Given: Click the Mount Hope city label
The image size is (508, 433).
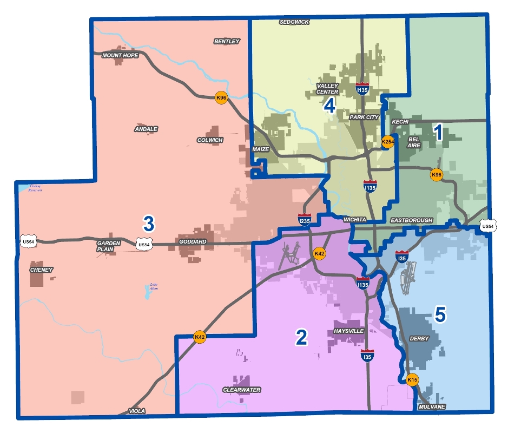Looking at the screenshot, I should coord(120,55).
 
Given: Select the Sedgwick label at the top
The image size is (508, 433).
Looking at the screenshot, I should coord(294,22).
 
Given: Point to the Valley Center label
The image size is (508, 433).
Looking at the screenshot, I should coord(327,88).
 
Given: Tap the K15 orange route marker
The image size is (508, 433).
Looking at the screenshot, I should coord(413,380).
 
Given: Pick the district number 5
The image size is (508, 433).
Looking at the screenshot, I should coord(440,313).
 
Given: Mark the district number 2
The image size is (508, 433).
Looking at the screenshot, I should coord(301,337).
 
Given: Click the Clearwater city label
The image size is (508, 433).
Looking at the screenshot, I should coord(242,390).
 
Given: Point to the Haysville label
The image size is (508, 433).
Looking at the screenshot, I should coord(349,331).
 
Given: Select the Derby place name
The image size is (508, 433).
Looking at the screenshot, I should coord(419,339).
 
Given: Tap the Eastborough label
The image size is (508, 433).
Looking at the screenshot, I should coord(412,220).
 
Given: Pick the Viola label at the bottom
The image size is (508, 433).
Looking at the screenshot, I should coord(137,411).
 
